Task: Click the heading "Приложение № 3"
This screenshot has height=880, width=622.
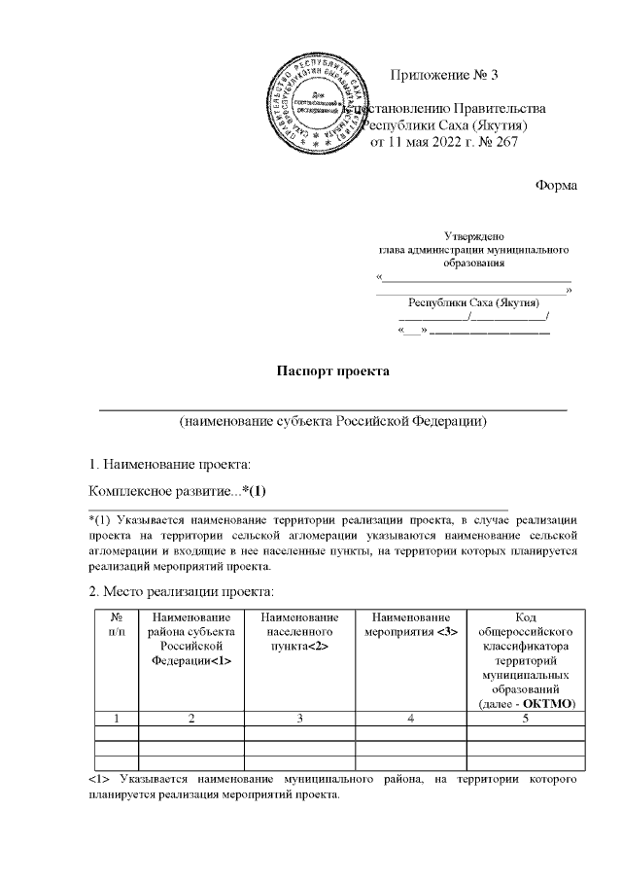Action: click(x=444, y=76)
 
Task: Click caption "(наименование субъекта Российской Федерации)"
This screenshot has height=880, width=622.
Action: click(x=332, y=421)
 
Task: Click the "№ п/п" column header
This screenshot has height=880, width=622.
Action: click(x=116, y=625)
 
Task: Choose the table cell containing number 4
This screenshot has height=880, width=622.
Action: click(x=413, y=719)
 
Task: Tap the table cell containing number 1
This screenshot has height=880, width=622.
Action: click(x=116, y=719)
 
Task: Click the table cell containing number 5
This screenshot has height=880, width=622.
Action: click(x=526, y=719)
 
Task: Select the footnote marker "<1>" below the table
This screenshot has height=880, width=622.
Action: click(x=98, y=779)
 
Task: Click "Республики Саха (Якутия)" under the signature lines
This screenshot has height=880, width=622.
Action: click(x=473, y=301)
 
